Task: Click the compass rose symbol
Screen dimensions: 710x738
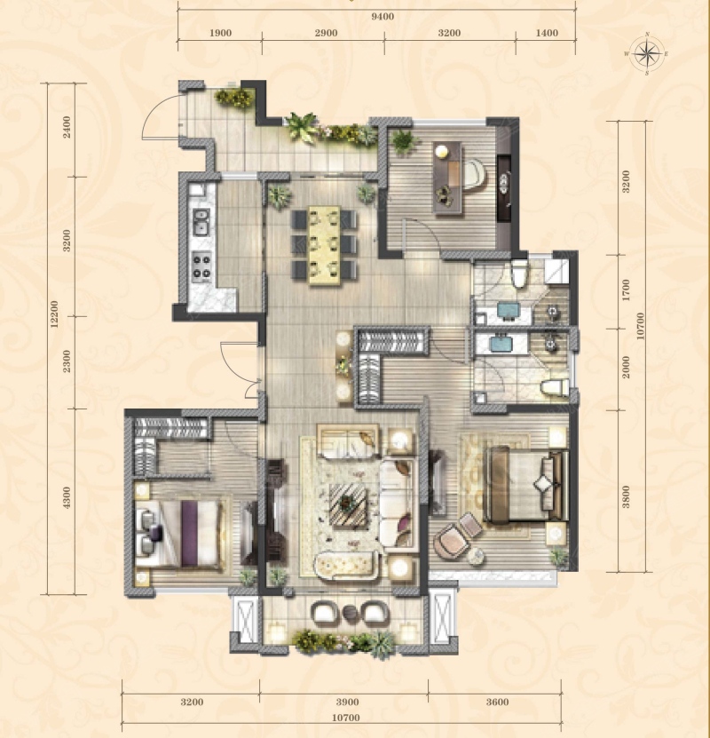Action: pyautogui.click(x=647, y=53)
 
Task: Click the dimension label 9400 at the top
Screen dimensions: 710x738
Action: pyautogui.click(x=383, y=17)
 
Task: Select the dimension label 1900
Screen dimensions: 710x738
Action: pyautogui.click(x=220, y=33)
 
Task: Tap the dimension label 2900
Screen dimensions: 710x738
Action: pyautogui.click(x=326, y=33)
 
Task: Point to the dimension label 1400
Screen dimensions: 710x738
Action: pyautogui.click(x=547, y=33)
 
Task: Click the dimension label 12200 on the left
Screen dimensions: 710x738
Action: pyautogui.click(x=54, y=314)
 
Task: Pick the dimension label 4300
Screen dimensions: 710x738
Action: pyautogui.click(x=67, y=497)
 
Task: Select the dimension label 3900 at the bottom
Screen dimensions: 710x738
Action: pyautogui.click(x=348, y=702)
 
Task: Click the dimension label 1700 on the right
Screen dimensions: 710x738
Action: pyautogui.click(x=626, y=290)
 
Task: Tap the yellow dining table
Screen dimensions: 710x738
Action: pyautogui.click(x=325, y=245)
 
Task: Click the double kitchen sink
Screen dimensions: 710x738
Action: pyautogui.click(x=201, y=222)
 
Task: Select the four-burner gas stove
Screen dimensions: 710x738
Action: pyautogui.click(x=201, y=266)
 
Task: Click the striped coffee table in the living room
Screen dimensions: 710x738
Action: pyautogui.click(x=348, y=505)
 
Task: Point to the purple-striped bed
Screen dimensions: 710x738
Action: pyautogui.click(x=180, y=534)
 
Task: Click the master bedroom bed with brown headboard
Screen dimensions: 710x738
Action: pyautogui.click(x=525, y=484)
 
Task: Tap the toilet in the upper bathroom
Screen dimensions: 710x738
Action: pyautogui.click(x=519, y=274)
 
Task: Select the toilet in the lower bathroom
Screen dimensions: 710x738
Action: pyautogui.click(x=555, y=388)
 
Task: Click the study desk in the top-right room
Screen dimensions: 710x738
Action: pyautogui.click(x=447, y=178)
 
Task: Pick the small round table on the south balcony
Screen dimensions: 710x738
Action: pyautogui.click(x=351, y=613)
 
